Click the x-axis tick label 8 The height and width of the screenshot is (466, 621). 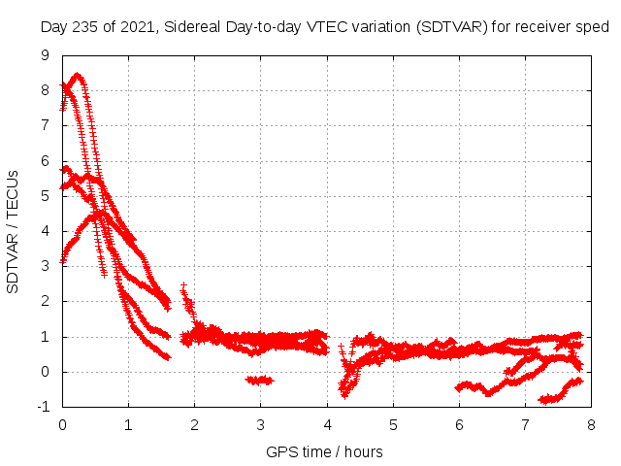[592, 424]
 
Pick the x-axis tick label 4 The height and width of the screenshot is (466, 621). [327, 424]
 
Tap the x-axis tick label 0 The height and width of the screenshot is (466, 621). [62, 424]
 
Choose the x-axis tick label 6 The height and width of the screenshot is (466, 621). [459, 424]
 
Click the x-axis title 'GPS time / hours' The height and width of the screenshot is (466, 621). [324, 451]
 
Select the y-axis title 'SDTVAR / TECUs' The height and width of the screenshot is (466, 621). [14, 231]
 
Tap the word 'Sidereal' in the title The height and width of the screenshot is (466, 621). [192, 26]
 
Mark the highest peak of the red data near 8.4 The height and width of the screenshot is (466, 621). [77, 75]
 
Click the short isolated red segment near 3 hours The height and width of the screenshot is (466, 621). [260, 381]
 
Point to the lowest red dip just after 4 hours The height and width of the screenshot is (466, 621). [343, 394]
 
